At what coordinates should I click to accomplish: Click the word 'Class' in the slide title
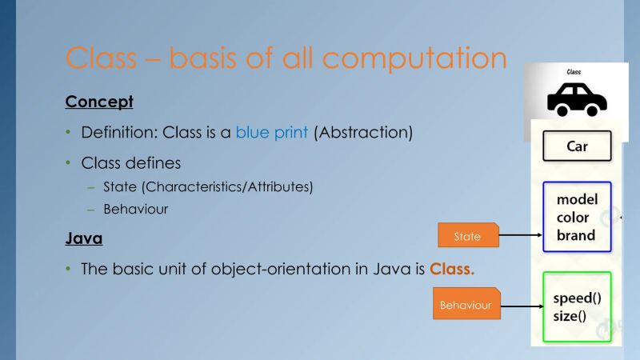(x=103, y=58)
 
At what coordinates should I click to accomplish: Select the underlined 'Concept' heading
(x=98, y=102)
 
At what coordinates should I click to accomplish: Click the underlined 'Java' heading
(x=84, y=238)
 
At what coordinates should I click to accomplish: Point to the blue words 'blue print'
(x=271, y=133)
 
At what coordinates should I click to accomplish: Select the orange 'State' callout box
(x=468, y=236)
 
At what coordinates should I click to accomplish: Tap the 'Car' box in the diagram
(x=577, y=147)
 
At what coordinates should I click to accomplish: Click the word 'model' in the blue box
(x=577, y=199)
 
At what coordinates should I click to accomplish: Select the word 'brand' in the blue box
(x=576, y=235)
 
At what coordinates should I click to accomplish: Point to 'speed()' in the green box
(x=577, y=298)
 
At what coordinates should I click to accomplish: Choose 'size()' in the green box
(x=570, y=315)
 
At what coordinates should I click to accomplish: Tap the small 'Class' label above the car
(x=574, y=72)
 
